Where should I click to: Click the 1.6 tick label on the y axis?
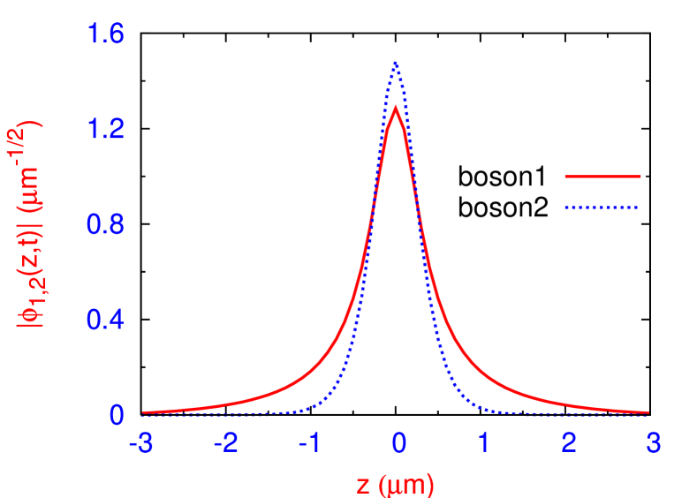point(105,35)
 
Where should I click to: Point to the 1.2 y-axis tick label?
point(105,130)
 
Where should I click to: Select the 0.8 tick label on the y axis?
point(105,224)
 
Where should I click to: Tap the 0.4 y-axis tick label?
point(105,320)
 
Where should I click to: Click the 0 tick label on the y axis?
point(117,415)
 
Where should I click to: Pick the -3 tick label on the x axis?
point(141,443)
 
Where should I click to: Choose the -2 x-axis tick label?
point(227,443)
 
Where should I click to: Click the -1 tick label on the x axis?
point(311,443)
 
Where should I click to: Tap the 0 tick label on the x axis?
point(399,443)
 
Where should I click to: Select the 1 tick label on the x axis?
point(483,443)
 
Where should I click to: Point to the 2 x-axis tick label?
point(568,443)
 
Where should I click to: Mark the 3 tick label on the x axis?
point(653,443)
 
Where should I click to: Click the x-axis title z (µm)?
point(395,484)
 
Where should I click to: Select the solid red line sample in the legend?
point(602,177)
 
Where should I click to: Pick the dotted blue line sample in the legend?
point(602,208)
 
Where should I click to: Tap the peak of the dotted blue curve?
point(395,63)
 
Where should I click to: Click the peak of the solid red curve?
point(395,108)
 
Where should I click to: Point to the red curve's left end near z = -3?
point(144,411)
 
